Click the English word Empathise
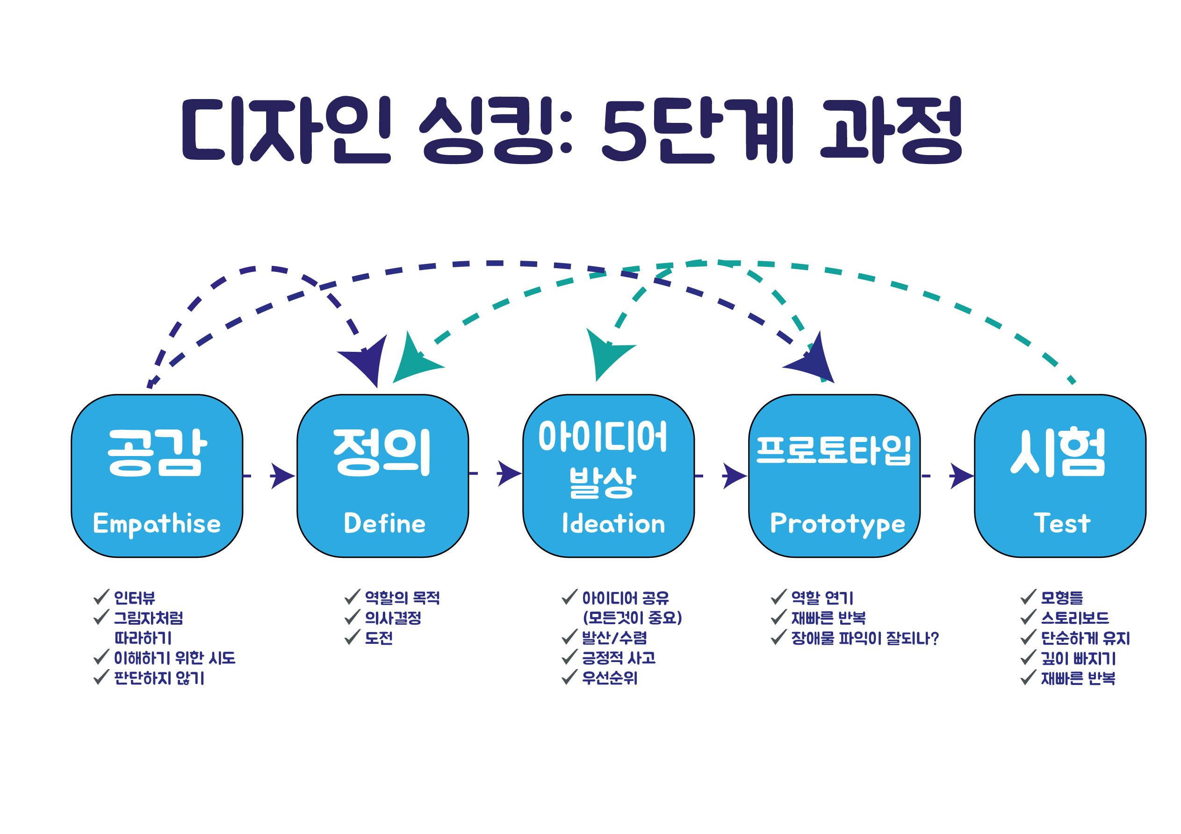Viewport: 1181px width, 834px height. [x=157, y=524]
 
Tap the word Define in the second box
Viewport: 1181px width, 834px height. [x=385, y=523]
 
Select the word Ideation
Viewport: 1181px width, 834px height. [x=614, y=523]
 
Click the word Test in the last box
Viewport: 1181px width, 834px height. [x=1062, y=523]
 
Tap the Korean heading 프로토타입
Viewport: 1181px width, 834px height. [x=833, y=450]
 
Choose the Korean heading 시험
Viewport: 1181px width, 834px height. [x=1058, y=452]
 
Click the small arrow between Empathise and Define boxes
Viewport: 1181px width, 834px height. [x=282, y=476]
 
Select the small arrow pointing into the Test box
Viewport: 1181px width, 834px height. [x=961, y=476]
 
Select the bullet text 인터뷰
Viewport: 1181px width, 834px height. [x=134, y=598]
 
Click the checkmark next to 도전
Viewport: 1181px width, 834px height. [x=353, y=637]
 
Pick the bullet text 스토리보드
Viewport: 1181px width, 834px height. [x=1075, y=618]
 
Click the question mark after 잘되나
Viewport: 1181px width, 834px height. [x=934, y=638]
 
